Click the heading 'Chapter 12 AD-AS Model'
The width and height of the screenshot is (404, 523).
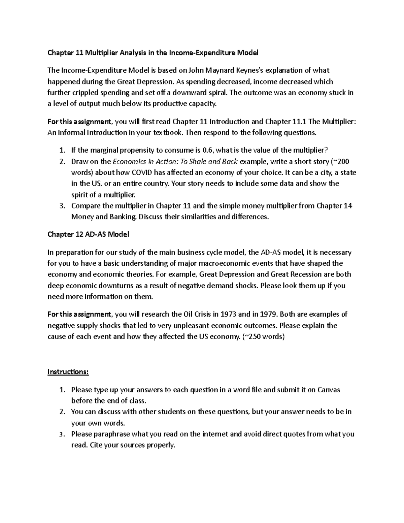pyautogui.click(x=88, y=234)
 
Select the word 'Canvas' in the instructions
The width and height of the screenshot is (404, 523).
pyautogui.click(x=328, y=390)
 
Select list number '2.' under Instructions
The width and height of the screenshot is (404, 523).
pyautogui.click(x=62, y=412)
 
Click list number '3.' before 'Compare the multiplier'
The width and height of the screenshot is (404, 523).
pyautogui.click(x=62, y=206)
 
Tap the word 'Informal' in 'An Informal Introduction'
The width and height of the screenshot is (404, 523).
pyautogui.click(x=72, y=132)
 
